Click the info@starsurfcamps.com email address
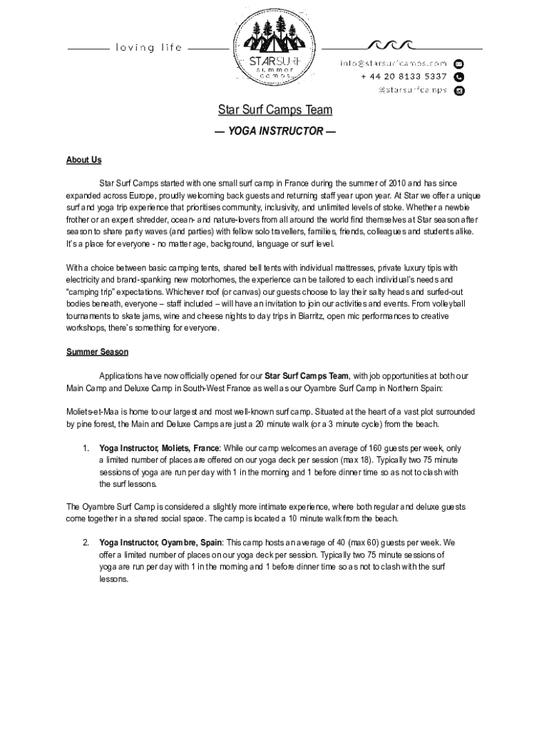393,63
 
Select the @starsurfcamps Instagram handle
412,91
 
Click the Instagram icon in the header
460,91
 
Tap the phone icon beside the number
460,76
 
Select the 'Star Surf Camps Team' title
274,111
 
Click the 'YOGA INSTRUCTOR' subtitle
274,132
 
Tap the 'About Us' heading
84,160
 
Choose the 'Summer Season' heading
97,352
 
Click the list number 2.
86,543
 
